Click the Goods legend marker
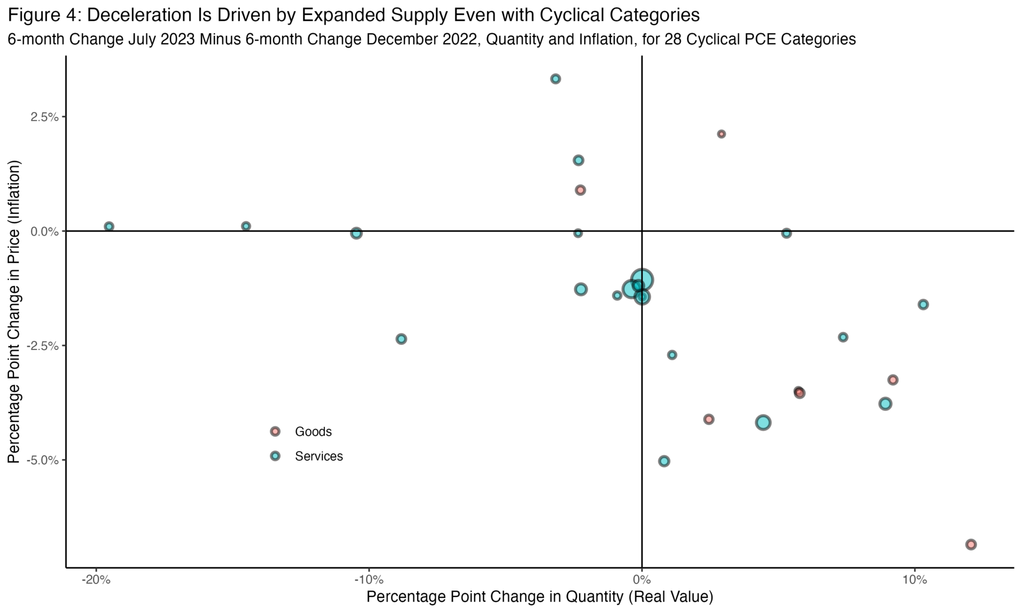[x=275, y=431]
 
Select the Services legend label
[x=319, y=456]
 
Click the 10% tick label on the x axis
[x=915, y=580]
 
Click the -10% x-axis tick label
[x=368, y=580]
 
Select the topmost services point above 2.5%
[x=555, y=79]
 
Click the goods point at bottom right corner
[x=971, y=545]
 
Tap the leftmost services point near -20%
[x=109, y=227]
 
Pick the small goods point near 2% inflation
[x=721, y=134]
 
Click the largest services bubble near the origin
[x=642, y=280]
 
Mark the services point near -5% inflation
[x=664, y=461]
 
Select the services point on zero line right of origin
[x=786, y=234]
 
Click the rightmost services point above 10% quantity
[x=923, y=305]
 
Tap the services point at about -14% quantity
[x=246, y=226]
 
